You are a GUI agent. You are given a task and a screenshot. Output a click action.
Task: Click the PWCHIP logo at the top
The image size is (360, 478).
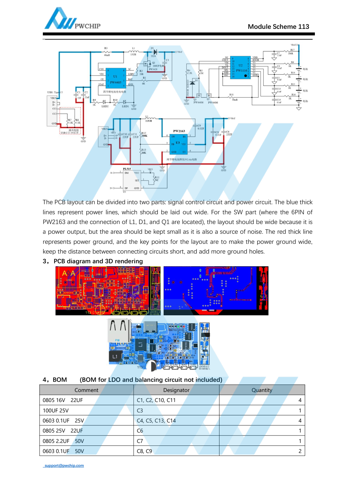click(x=72, y=19)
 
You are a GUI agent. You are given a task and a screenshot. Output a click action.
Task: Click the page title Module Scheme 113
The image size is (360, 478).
click(x=278, y=27)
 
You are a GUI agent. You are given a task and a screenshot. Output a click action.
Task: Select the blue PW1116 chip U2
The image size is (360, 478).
click(x=241, y=68)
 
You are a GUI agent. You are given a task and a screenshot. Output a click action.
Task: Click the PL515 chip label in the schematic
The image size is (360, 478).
click(x=127, y=169)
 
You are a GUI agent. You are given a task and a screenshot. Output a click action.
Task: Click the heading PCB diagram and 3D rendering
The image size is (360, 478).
click(x=98, y=261)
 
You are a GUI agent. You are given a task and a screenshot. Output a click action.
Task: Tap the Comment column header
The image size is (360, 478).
click(x=86, y=390)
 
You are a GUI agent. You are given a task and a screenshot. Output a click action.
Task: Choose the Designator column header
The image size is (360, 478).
click(x=176, y=390)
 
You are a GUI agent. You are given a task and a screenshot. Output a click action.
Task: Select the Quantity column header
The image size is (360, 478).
click(x=262, y=390)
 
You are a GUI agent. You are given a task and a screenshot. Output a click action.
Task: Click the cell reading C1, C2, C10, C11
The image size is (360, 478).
click(x=156, y=400)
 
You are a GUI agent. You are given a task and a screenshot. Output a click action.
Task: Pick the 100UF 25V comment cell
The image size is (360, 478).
click(x=56, y=410)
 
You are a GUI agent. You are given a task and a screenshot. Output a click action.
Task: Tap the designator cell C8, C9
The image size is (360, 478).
click(x=144, y=451)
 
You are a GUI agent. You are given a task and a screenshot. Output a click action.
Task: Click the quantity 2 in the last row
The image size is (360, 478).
click(x=300, y=451)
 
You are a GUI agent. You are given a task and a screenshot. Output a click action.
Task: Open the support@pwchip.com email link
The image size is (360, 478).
click(x=64, y=465)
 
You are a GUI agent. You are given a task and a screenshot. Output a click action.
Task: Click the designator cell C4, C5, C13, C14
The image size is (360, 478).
click(x=156, y=421)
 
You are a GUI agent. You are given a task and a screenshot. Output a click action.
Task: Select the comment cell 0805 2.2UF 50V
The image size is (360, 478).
click(x=63, y=441)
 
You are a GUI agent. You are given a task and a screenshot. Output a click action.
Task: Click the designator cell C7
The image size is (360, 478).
click(x=140, y=441)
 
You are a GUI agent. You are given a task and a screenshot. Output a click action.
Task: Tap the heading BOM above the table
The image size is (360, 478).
click(x=60, y=380)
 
